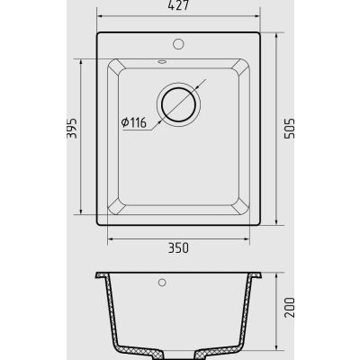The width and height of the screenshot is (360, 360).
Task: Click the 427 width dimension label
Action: [x=178, y=5]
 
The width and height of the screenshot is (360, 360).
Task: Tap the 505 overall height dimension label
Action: [x=290, y=129]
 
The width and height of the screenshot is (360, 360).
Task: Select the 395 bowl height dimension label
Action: [x=72, y=129]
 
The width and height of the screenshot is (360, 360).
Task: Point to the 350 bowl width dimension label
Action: [x=178, y=247]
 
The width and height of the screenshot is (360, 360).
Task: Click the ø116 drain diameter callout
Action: [x=134, y=122]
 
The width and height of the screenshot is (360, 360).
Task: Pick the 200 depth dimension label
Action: [x=290, y=308]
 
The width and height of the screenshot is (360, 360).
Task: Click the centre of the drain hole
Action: [x=179, y=104]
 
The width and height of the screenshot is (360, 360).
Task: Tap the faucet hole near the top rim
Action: [x=178, y=44]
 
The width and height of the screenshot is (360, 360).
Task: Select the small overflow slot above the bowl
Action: [x=162, y=62]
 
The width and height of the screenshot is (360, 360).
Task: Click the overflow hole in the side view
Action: [x=162, y=283]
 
